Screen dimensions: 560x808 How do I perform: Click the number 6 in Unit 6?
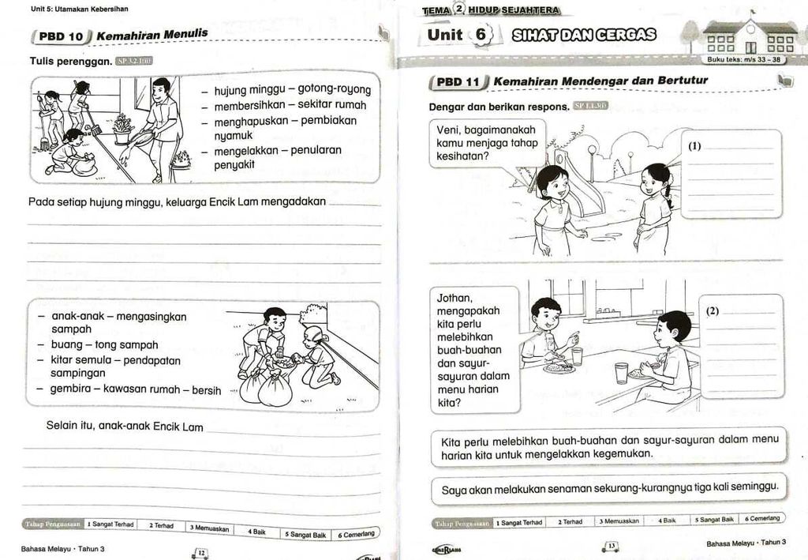click(x=481, y=35)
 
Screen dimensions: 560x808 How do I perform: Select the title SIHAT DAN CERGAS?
click(x=584, y=35)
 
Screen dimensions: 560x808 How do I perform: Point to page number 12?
click(x=200, y=553)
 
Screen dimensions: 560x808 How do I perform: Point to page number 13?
click(x=610, y=546)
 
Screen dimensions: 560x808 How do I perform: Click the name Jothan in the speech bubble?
click(x=454, y=298)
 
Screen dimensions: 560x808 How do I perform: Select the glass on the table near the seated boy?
click(x=621, y=373)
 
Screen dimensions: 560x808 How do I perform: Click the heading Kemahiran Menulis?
click(x=152, y=35)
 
